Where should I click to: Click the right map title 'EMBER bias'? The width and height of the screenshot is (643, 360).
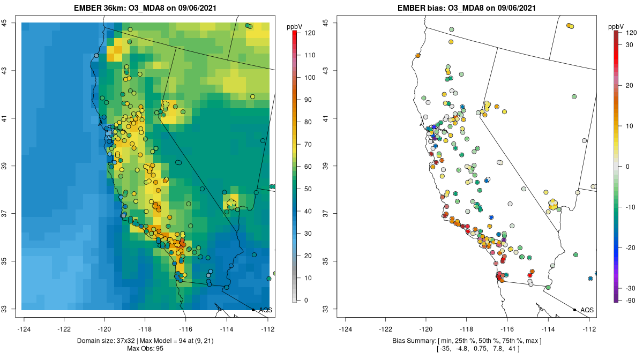(420, 8)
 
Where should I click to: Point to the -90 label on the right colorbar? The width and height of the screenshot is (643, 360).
(631, 300)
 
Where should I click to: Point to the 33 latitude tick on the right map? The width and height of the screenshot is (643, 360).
(326, 309)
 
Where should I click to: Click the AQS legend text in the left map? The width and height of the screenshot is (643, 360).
(265, 310)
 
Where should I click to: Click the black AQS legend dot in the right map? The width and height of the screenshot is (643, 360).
(574, 310)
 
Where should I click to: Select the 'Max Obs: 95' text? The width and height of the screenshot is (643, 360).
(145, 349)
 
